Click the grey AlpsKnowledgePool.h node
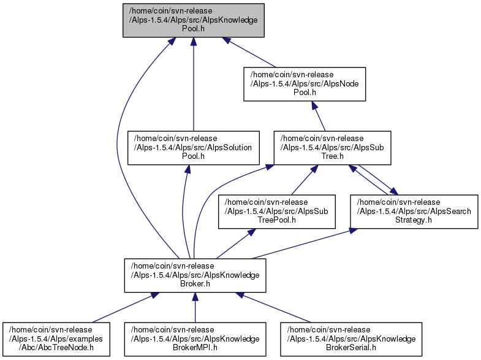(193, 20)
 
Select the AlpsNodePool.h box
(305, 84)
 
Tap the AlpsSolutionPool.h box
(193, 148)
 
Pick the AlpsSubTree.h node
(332, 148)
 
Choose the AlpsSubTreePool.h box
(277, 212)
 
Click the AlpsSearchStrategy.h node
(414, 212)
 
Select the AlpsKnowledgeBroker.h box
(195, 275)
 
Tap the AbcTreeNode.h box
(56, 339)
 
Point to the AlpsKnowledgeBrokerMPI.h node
(195, 339)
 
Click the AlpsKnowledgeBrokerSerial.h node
(351, 339)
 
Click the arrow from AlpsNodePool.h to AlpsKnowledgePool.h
(249, 52)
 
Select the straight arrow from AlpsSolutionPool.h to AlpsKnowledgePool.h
(194, 84)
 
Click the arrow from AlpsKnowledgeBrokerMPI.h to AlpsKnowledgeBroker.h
(195, 307)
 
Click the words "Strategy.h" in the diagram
(414, 220)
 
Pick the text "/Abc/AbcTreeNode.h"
(56, 348)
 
